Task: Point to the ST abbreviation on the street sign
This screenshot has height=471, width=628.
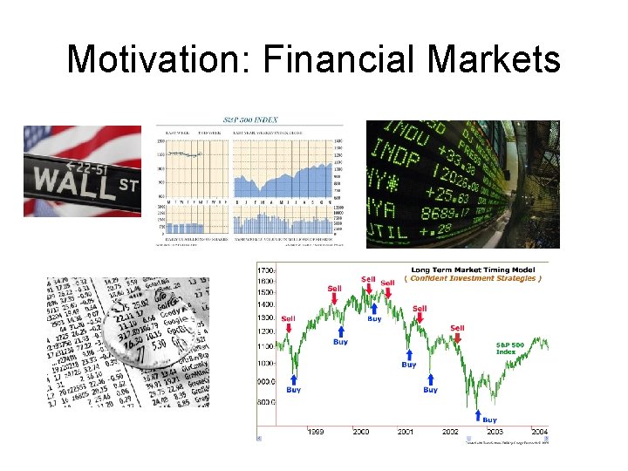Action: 127,184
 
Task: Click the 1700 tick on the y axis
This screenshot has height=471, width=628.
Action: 266,266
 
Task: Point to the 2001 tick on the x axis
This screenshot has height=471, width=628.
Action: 406,431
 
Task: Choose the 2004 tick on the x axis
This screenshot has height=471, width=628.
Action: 540,431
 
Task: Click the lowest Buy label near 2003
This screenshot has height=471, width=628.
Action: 490,420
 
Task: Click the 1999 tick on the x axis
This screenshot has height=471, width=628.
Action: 315,431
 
